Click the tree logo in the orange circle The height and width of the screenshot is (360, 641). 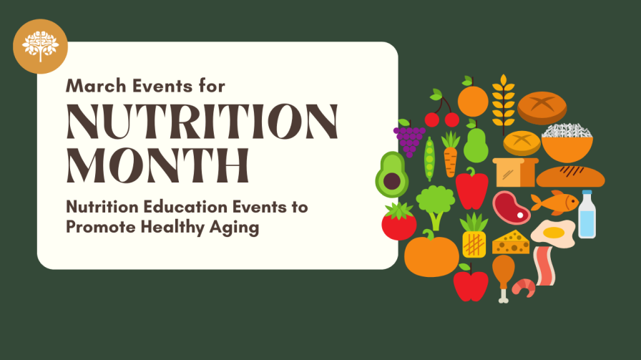(40, 47)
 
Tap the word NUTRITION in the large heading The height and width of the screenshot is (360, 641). (202, 122)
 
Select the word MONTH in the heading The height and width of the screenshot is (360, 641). (158, 165)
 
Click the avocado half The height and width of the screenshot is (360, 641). (391, 175)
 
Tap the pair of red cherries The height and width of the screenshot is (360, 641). (441, 115)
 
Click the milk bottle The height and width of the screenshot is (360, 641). (587, 215)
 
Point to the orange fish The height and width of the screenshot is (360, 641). (556, 202)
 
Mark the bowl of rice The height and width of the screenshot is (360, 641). (564, 140)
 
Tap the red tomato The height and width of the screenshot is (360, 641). (399, 222)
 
